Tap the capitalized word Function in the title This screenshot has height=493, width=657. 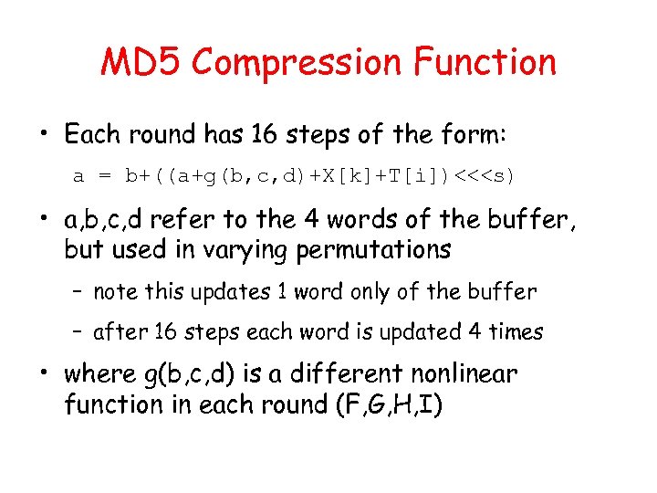coord(484,62)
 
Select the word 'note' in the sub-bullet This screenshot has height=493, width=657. coord(114,292)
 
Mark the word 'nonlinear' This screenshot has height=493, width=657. coord(465,374)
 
